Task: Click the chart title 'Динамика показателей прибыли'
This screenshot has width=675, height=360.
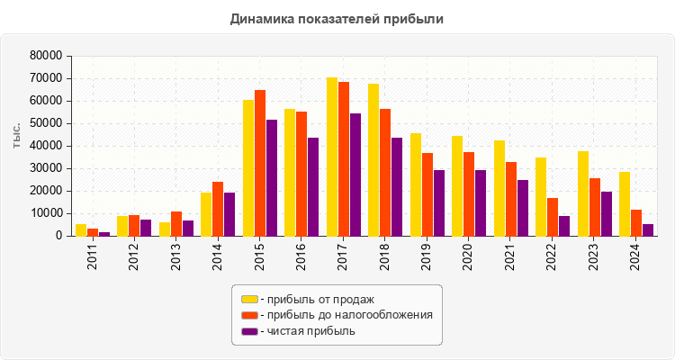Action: click(x=337, y=18)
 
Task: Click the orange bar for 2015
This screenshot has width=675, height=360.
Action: click(x=260, y=163)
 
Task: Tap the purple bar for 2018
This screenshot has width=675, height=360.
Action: click(x=397, y=186)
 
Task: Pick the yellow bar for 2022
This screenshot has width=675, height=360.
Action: click(x=541, y=196)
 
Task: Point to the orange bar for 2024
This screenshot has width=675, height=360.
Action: click(x=636, y=222)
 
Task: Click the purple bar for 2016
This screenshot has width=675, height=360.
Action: click(x=313, y=186)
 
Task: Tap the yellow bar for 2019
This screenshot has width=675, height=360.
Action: click(x=416, y=184)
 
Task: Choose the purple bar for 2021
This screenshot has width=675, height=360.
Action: click(x=522, y=208)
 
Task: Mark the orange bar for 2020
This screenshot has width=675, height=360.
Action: click(x=469, y=193)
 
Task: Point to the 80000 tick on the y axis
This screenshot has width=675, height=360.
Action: click(x=45, y=56)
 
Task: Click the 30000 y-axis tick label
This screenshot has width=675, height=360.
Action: click(x=45, y=168)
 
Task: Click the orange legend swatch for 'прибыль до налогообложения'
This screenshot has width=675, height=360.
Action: click(x=249, y=315)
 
